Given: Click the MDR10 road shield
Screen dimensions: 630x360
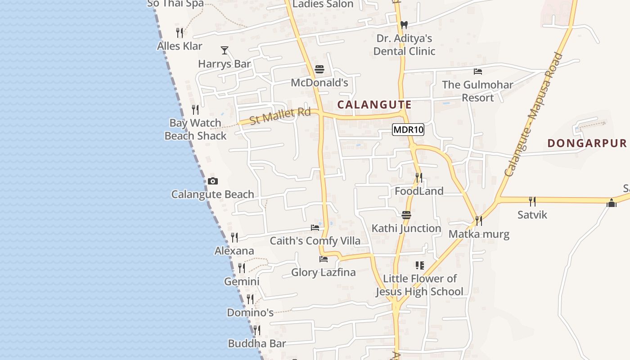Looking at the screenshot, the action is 408,130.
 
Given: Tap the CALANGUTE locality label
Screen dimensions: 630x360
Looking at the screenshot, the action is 374,105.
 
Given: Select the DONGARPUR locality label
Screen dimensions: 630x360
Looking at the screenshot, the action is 587,143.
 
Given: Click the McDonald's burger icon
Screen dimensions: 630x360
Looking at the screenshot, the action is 319,69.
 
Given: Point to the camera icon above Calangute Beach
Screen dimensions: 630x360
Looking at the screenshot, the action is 213,181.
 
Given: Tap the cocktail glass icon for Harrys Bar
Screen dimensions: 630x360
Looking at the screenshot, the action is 225,50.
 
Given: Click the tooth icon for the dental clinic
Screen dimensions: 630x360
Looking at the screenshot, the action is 404,25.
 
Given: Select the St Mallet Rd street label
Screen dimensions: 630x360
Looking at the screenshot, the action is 280,116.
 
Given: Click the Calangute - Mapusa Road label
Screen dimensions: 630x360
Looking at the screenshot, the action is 534,115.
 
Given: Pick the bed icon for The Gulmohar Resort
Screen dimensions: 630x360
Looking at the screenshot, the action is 478,72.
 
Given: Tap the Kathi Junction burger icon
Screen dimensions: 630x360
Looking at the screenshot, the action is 406,215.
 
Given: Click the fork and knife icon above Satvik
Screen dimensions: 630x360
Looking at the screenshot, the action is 532,201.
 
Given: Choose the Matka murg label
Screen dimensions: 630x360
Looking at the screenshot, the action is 479,234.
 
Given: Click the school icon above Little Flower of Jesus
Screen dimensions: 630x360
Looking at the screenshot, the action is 419,265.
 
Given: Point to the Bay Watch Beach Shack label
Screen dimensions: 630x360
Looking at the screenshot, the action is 195,129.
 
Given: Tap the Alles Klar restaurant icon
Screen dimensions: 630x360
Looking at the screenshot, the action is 180,33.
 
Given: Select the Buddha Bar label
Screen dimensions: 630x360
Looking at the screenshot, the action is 256,343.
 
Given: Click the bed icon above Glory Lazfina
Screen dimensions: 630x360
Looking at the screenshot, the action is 323,259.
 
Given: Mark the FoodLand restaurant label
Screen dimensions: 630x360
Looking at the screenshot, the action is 419,191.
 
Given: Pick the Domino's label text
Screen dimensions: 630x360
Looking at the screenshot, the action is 250,312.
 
